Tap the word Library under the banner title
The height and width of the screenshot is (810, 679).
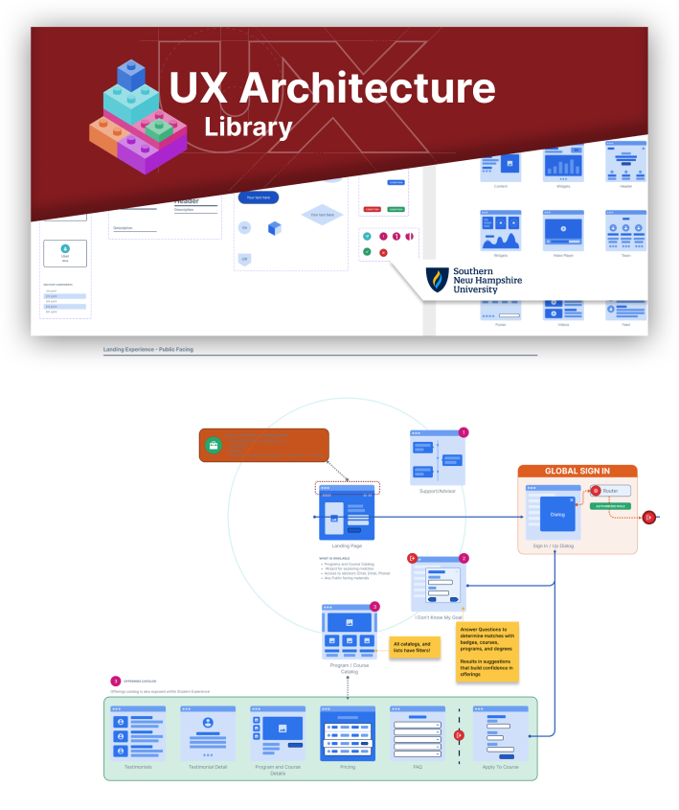pyautogui.click(x=248, y=127)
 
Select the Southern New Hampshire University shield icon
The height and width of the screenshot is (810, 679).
pyautogui.click(x=438, y=280)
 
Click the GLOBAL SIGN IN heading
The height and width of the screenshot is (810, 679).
pyautogui.click(x=577, y=471)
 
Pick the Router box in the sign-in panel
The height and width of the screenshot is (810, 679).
pyautogui.click(x=609, y=490)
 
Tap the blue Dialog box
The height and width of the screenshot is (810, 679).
pyautogui.click(x=556, y=514)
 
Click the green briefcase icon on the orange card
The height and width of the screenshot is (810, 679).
pyautogui.click(x=213, y=446)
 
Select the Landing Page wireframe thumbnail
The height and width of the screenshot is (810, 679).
pyautogui.click(x=347, y=514)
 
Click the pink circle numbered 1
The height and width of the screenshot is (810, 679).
pyautogui.click(x=464, y=432)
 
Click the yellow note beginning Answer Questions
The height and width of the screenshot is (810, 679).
pyautogui.click(x=487, y=652)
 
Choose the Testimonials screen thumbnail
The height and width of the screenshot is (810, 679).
pyautogui.click(x=138, y=734)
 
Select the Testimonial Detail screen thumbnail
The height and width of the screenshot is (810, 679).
pyautogui.click(x=207, y=734)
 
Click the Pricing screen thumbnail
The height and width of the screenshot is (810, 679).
pyautogui.click(x=347, y=734)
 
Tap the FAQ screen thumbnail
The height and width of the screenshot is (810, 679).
pyautogui.click(x=417, y=734)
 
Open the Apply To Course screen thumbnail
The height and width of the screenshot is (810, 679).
pyautogui.click(x=500, y=734)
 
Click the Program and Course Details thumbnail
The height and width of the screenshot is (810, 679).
pyautogui.click(x=278, y=734)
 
